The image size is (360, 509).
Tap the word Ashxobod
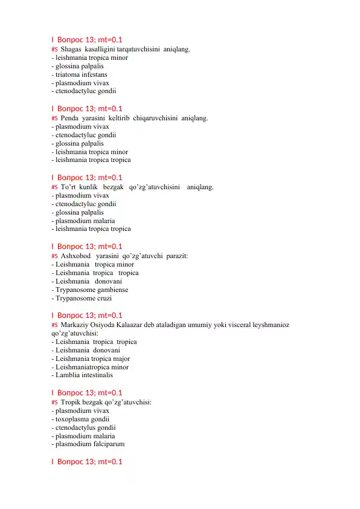click(x=76, y=256)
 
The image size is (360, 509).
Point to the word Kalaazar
click(x=142, y=325)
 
